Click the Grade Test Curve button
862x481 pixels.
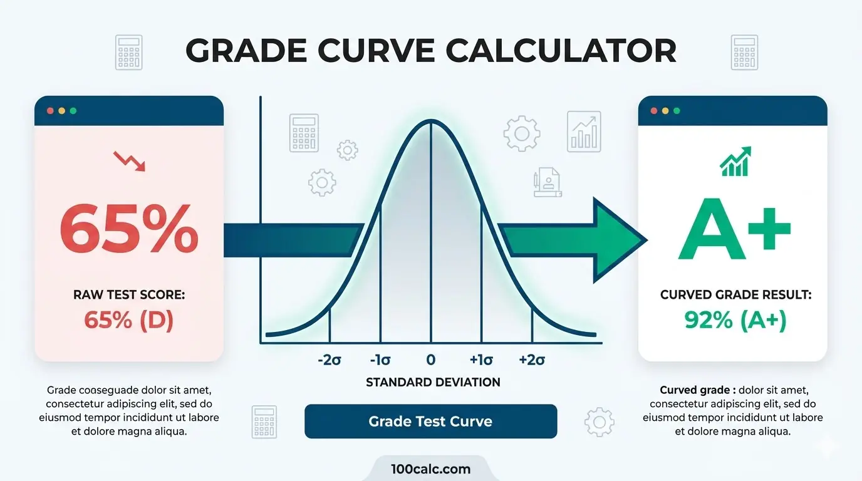tap(430, 422)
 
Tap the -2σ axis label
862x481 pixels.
tap(329, 360)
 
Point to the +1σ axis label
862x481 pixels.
tap(481, 360)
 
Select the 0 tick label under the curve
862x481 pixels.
tap(431, 360)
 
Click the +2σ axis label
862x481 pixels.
tap(532, 360)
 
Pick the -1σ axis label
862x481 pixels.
tap(380, 360)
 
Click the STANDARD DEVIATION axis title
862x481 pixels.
tap(433, 382)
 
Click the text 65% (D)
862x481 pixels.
tap(129, 320)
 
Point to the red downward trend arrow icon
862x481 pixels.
tap(129, 161)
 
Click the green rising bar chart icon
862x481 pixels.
tap(735, 162)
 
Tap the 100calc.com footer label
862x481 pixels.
tap(430, 469)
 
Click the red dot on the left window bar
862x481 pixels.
tap(50, 111)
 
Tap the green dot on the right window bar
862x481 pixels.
tap(677, 111)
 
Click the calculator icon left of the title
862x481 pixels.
tap(129, 52)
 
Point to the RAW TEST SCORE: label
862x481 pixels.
tap(129, 294)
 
